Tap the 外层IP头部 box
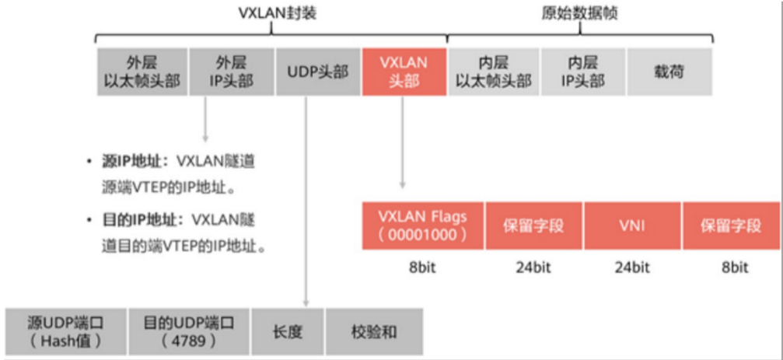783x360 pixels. click(x=231, y=72)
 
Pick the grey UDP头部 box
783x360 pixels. click(x=317, y=72)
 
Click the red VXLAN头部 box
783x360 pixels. click(x=404, y=72)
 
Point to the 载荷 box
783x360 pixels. click(x=669, y=72)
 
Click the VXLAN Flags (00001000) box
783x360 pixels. click(x=422, y=225)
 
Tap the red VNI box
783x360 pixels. click(x=632, y=225)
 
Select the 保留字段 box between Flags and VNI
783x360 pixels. click(x=533, y=225)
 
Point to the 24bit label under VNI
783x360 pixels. click(x=631, y=267)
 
